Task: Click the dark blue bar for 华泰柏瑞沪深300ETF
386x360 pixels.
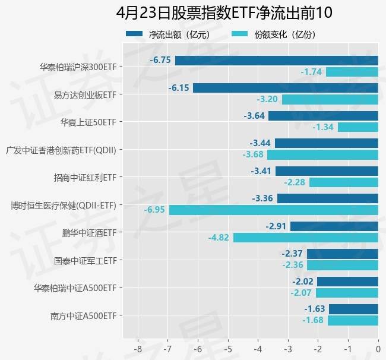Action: (x=276, y=60)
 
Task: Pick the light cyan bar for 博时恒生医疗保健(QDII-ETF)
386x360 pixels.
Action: (x=273, y=210)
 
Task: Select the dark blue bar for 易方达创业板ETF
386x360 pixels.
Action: (x=286, y=88)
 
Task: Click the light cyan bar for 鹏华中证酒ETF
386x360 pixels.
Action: (x=305, y=238)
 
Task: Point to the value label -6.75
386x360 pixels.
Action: (x=160, y=60)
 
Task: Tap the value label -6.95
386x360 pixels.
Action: (x=154, y=210)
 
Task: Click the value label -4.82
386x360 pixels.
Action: (x=219, y=238)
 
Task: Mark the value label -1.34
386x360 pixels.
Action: (x=323, y=127)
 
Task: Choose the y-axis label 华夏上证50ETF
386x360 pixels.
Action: (x=88, y=122)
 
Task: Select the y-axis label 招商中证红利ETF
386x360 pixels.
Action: (x=84, y=177)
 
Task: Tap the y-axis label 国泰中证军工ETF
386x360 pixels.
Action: (x=84, y=260)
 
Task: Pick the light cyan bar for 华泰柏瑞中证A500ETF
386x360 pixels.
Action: (x=347, y=293)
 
